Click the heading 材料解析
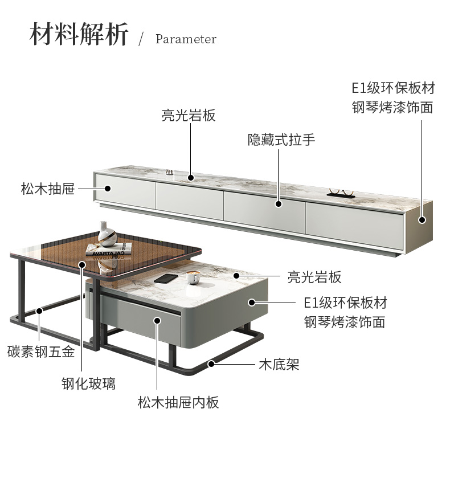tap(79, 35)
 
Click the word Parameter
tap(186, 39)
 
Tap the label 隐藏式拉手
tap(281, 140)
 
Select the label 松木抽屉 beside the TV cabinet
tap(48, 189)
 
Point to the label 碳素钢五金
tap(41, 352)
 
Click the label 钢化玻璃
tap(88, 383)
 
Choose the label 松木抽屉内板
tap(178, 403)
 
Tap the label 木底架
tap(279, 364)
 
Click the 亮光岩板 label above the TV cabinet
tap(189, 115)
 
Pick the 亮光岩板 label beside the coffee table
tap(314, 277)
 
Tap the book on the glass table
tap(109, 249)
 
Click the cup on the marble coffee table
tap(193, 277)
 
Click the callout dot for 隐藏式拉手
tap(279, 203)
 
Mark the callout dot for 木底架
tap(211, 363)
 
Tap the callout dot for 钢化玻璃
tap(82, 264)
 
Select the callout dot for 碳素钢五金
tap(39, 311)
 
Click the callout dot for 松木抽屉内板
tap(157, 320)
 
